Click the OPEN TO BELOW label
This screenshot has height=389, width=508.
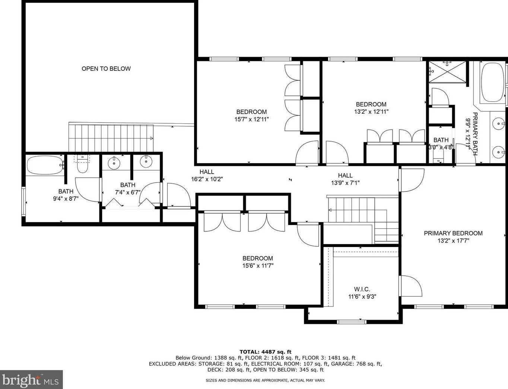pos(106,69)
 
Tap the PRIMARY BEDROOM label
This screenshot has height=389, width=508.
pos(453,233)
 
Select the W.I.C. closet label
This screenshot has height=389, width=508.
pos(362,289)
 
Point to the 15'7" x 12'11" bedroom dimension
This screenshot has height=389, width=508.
pos(251,120)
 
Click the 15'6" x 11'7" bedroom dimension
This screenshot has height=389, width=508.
pos(258,266)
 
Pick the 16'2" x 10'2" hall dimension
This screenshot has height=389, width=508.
pos(207,179)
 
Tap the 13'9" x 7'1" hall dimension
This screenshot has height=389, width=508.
pos(345,183)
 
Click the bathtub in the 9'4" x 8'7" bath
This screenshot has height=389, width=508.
pos(45,165)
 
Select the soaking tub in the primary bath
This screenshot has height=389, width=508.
pos(492,82)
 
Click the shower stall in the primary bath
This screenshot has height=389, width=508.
pos(447,72)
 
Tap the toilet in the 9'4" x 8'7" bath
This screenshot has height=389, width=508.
pos(82,163)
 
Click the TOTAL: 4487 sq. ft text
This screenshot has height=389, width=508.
pos(265,352)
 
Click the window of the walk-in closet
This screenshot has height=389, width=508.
pos(351,322)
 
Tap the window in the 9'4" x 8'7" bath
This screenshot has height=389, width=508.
pos(23,202)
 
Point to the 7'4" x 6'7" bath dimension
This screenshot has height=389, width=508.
pos(128,192)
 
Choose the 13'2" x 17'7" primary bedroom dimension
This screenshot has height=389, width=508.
pos(453,241)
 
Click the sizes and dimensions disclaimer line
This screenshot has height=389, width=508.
pos(265,380)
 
